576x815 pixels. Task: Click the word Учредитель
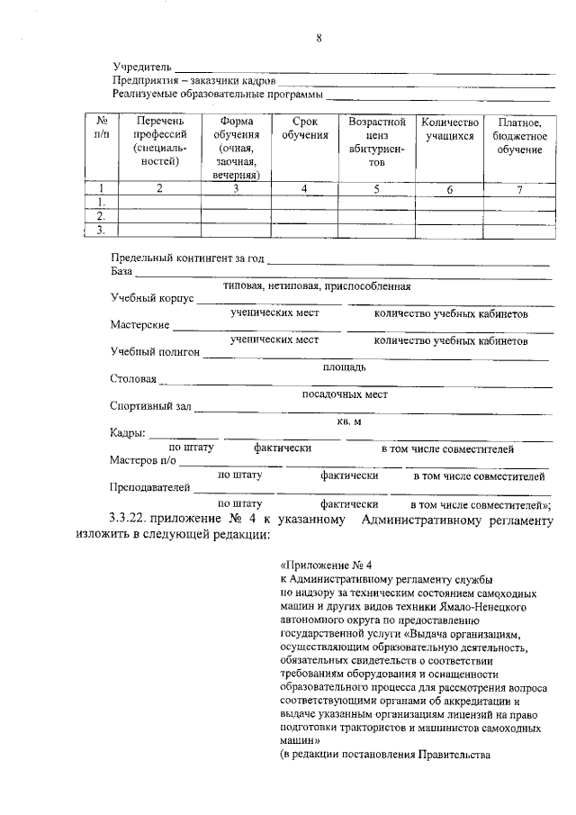(142, 68)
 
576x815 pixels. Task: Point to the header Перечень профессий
(160, 141)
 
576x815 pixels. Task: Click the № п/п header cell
(102, 128)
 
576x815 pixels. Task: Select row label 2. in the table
(102, 216)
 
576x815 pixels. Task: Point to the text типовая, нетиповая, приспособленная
(318, 286)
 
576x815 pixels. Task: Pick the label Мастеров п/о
(143, 460)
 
